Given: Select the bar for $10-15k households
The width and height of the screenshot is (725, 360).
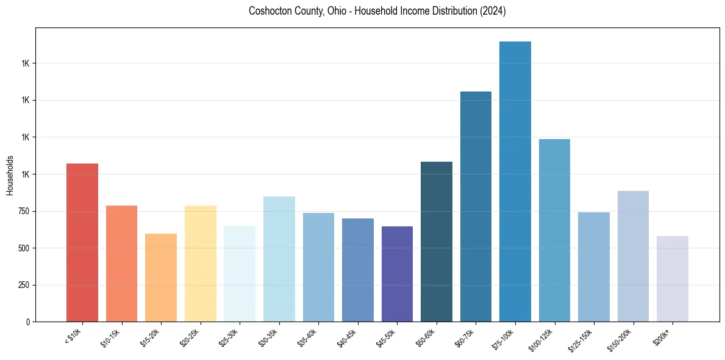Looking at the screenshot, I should (x=121, y=264).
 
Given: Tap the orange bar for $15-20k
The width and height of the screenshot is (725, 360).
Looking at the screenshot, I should (x=161, y=278).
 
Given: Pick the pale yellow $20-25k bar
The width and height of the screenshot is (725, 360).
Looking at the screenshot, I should (x=200, y=264).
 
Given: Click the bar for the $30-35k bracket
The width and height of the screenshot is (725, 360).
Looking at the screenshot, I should (x=279, y=259).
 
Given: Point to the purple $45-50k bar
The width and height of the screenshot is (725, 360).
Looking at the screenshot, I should (x=397, y=274).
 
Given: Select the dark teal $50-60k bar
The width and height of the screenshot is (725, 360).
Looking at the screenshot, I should (x=437, y=242).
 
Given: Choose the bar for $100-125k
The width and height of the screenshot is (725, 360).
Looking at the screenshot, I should (x=554, y=230).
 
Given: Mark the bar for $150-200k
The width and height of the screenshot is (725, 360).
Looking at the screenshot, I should (x=633, y=256).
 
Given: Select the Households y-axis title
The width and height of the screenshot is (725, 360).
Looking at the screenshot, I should (x=10, y=175).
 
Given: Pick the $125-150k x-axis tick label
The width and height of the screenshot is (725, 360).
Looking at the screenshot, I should (x=580, y=340).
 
